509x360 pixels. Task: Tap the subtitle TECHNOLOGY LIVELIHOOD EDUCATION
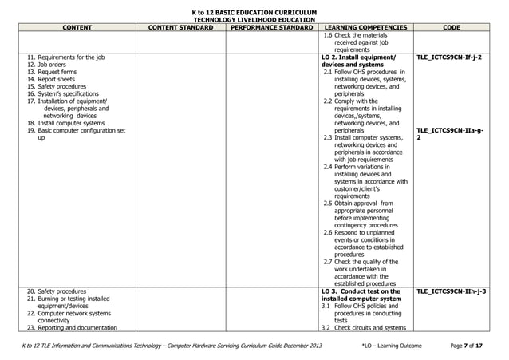[254, 20]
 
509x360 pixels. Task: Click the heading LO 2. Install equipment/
[357, 58]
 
